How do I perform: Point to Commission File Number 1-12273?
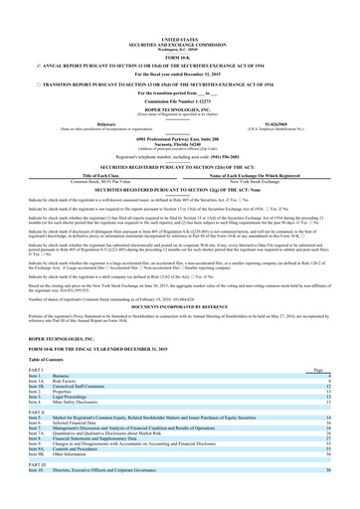click(x=179, y=73)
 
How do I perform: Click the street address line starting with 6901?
click(x=179, y=110)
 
